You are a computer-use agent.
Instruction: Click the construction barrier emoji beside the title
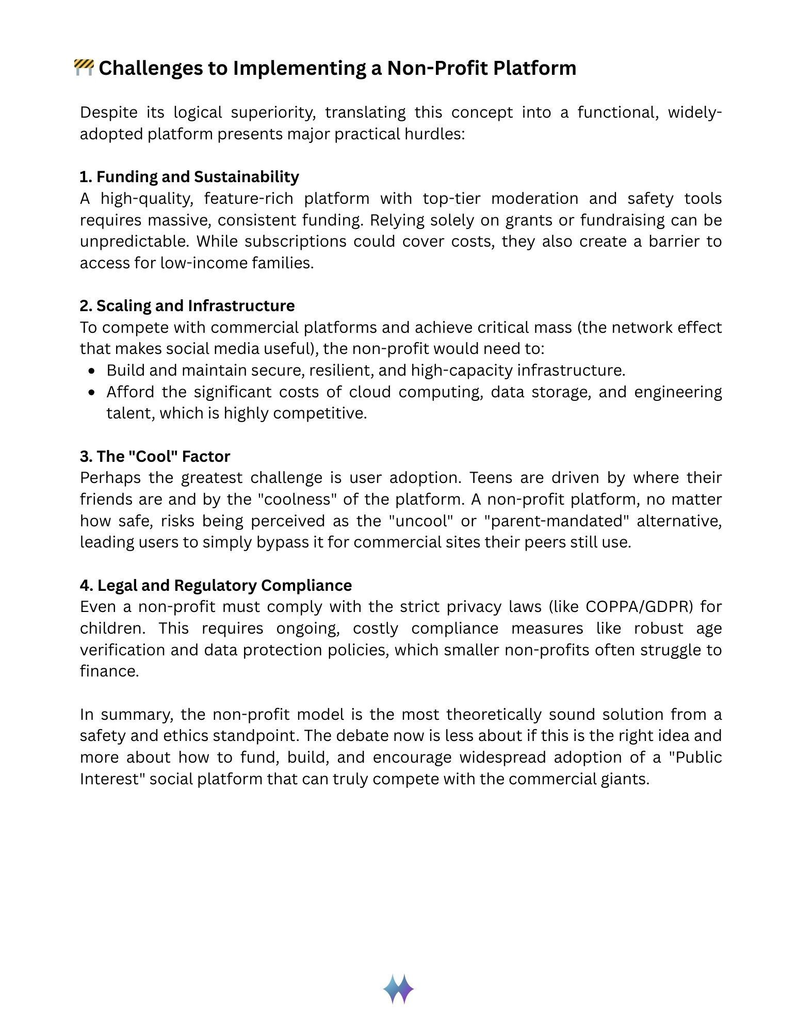tap(84, 68)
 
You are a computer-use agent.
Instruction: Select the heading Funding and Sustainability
tap(189, 176)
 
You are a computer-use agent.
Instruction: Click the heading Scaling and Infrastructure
tap(187, 305)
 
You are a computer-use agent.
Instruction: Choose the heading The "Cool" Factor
tap(155, 456)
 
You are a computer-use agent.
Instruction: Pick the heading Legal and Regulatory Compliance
tap(216, 585)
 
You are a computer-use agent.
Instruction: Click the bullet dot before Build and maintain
tap(92, 370)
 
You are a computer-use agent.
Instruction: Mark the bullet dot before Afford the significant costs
tap(92, 392)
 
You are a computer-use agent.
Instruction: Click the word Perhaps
tap(110, 478)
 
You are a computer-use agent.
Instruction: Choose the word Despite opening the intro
tap(108, 112)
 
